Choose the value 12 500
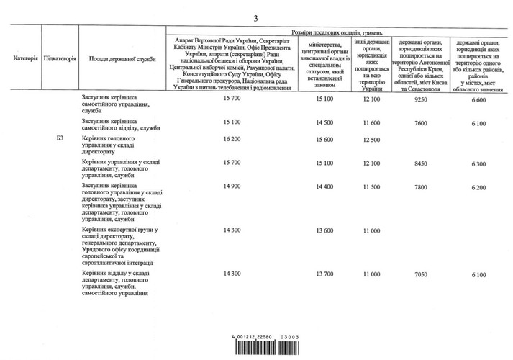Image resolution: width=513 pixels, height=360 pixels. point(371,140)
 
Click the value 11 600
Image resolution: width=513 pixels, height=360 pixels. point(371,122)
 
